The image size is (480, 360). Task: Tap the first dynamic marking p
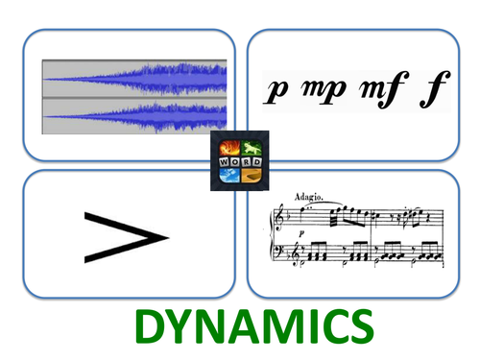pos(278,91)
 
